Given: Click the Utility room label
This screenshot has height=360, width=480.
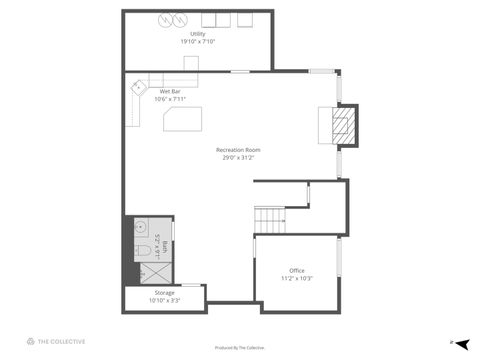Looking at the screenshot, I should click(x=198, y=34).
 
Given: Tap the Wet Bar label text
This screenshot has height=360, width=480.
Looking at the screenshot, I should click(x=170, y=91).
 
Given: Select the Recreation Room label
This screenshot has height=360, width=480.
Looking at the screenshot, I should click(x=237, y=150).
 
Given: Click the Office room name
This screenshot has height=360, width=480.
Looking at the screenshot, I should click(x=296, y=271).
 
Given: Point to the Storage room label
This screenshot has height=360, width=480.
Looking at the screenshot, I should click(x=164, y=293).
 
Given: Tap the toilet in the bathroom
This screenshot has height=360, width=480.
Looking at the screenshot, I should click(x=143, y=249).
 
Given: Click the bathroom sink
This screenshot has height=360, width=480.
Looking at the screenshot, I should click(x=141, y=226).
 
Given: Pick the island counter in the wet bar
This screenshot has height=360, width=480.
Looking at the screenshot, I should click(x=182, y=119).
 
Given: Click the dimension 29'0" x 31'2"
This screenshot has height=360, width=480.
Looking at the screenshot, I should click(x=237, y=158).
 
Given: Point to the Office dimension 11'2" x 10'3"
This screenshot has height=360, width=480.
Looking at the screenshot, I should click(x=296, y=278).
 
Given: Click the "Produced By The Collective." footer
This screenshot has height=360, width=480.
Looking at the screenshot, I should click(x=240, y=347).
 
